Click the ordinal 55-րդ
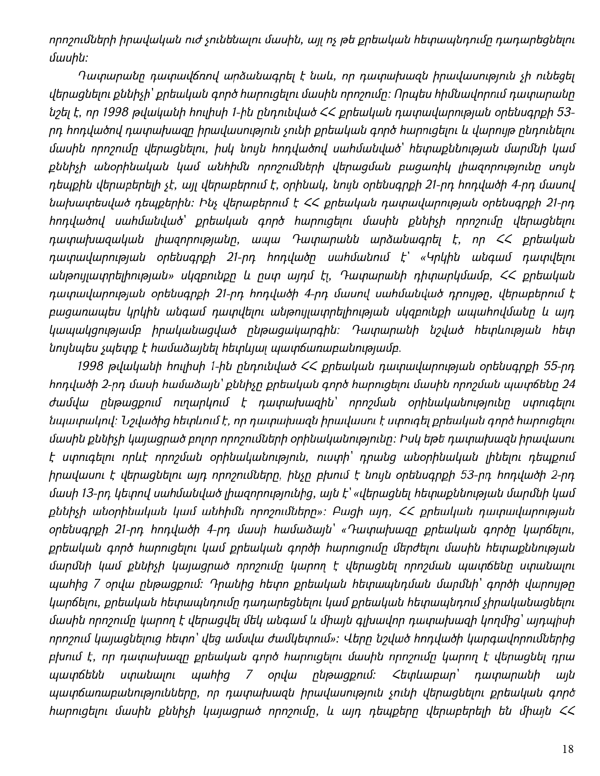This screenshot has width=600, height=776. [557, 365]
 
